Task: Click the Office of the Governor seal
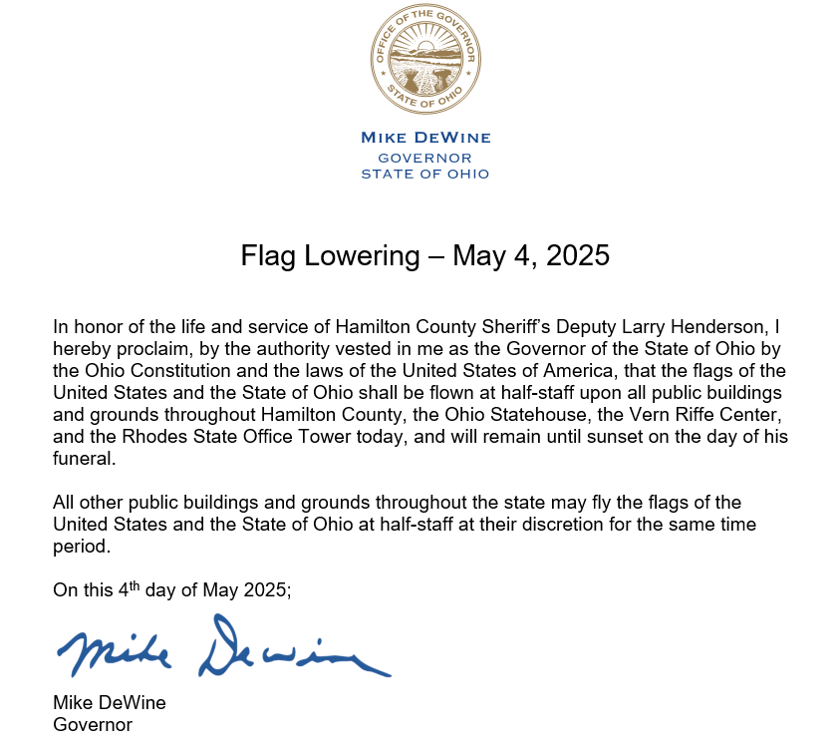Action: pyautogui.click(x=425, y=59)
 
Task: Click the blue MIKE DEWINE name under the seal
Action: pyautogui.click(x=425, y=138)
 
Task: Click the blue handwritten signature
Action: pyautogui.click(x=223, y=647)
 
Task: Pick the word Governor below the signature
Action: pyautogui.click(x=93, y=725)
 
